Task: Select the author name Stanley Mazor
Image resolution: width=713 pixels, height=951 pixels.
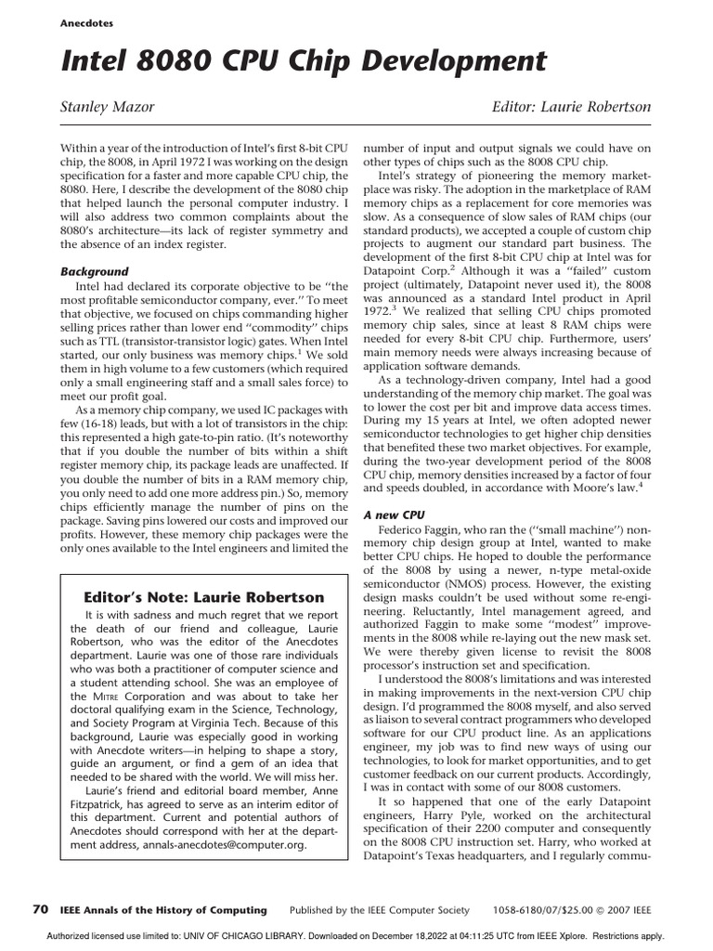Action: (107, 108)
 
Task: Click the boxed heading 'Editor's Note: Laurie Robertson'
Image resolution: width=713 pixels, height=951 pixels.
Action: (204, 597)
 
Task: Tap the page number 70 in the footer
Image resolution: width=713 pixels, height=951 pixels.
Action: (41, 909)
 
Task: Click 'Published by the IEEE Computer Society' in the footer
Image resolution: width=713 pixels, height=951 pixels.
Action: (380, 910)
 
